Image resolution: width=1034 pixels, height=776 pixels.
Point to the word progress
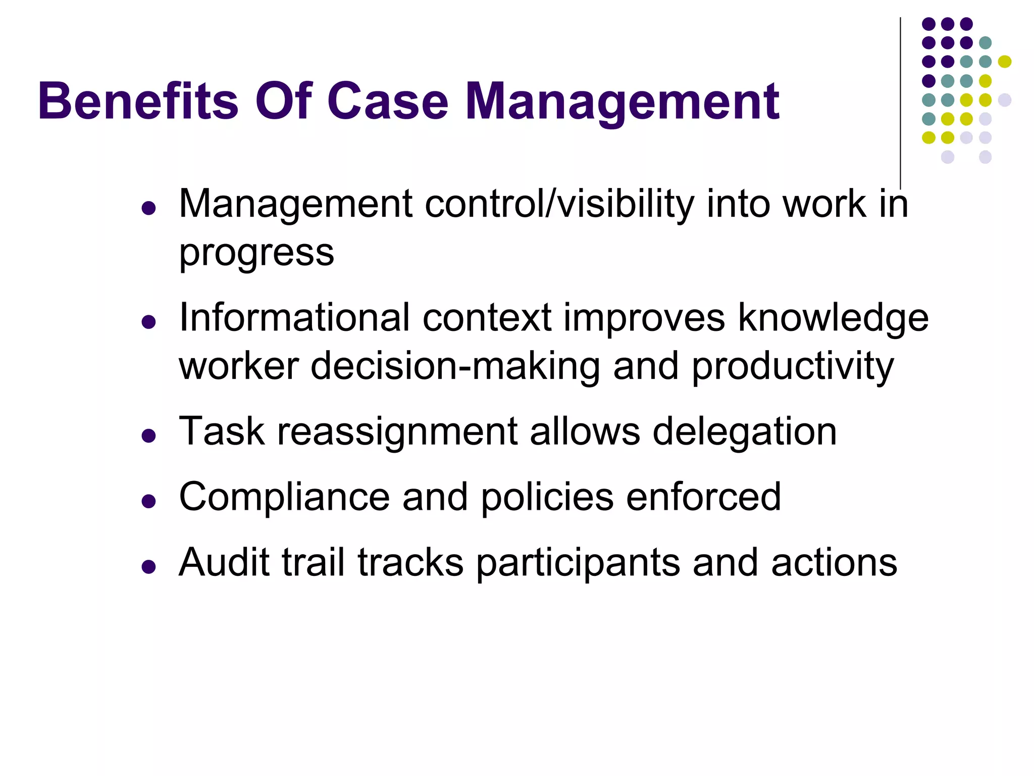point(256,253)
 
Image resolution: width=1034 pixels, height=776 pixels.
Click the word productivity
point(793,367)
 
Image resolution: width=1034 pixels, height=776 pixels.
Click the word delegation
point(745,432)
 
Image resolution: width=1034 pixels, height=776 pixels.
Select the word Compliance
point(284,498)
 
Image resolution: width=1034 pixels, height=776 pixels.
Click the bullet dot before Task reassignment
point(148,435)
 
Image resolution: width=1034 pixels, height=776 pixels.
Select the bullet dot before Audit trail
point(148,566)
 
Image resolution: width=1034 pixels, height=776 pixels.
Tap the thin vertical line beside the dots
point(900,101)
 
